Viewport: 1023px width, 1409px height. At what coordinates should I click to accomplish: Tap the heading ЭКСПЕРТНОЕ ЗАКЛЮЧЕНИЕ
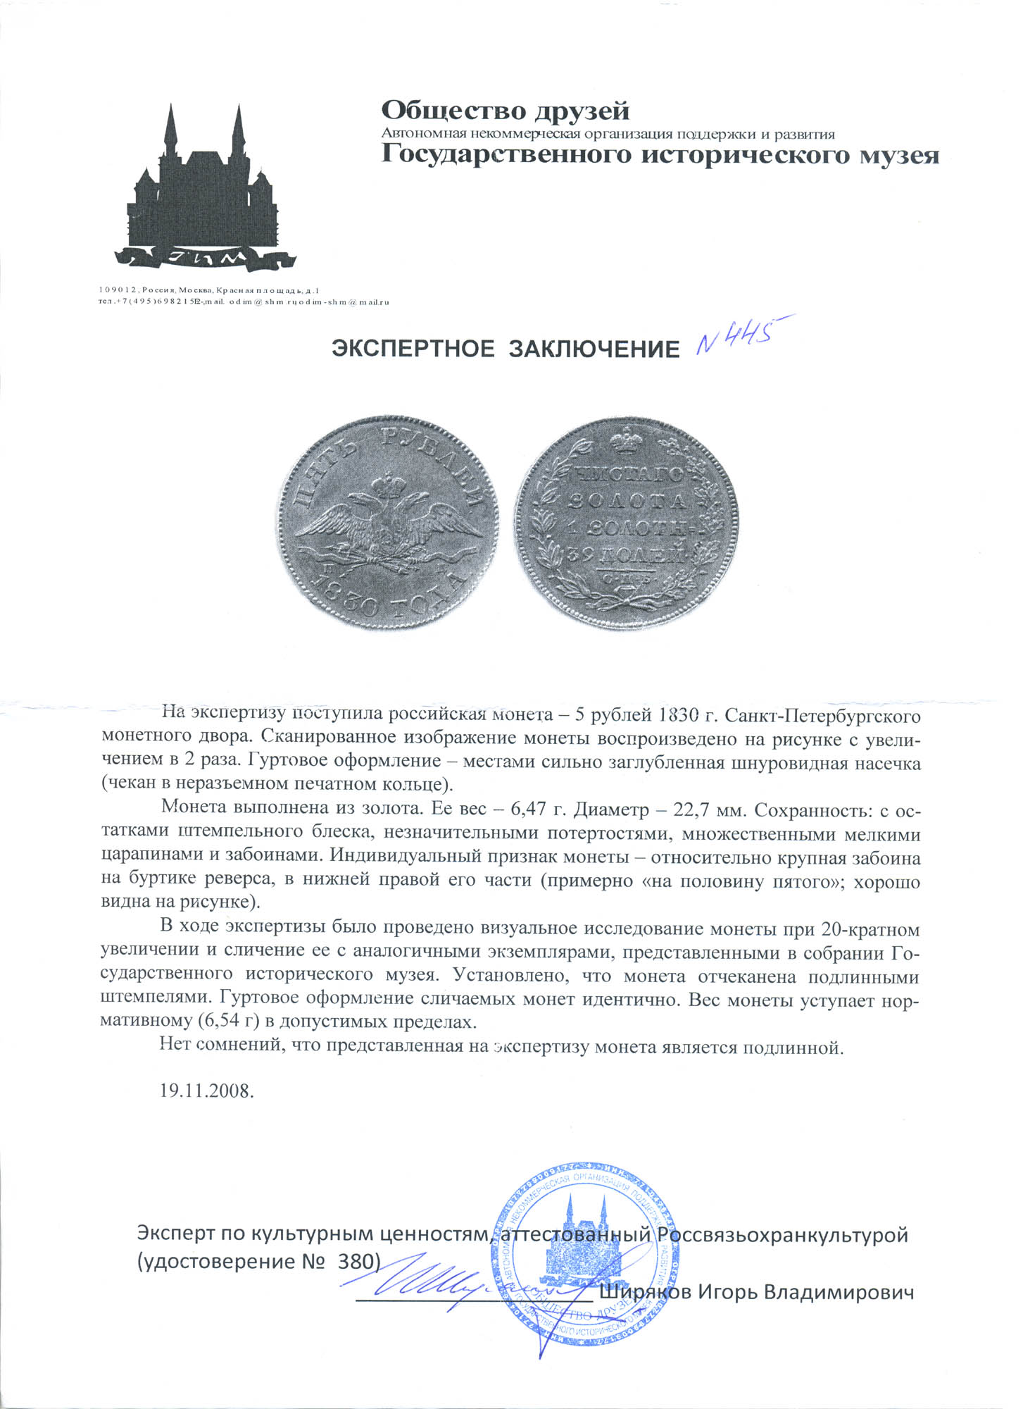(506, 349)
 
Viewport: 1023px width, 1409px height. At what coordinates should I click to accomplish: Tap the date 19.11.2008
(206, 1091)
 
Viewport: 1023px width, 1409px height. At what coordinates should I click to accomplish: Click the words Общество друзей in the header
(505, 111)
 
